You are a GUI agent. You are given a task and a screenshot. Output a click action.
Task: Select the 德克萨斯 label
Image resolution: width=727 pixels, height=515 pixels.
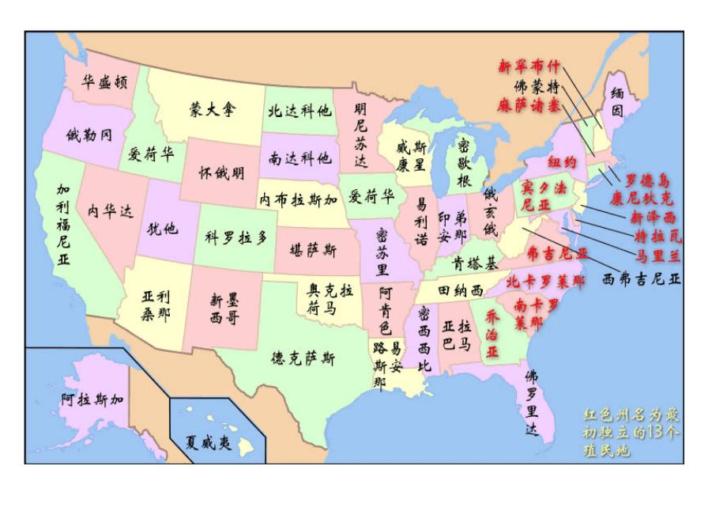(x=303, y=359)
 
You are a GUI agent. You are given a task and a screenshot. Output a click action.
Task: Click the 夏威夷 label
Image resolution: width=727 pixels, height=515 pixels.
(x=208, y=443)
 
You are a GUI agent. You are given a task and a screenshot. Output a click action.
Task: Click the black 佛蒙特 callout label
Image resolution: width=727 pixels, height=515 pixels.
(x=536, y=85)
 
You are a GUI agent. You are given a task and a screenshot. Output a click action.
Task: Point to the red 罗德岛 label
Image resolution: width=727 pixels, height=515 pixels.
(x=651, y=182)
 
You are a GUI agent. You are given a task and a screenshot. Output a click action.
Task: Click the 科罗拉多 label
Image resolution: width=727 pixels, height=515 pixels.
(x=236, y=237)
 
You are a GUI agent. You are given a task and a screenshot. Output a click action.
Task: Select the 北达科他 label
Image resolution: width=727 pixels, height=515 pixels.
(x=299, y=112)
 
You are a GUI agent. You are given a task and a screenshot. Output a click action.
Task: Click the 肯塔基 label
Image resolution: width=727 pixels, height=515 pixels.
(x=475, y=263)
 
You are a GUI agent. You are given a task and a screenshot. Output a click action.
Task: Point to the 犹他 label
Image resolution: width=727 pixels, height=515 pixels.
(x=162, y=229)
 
